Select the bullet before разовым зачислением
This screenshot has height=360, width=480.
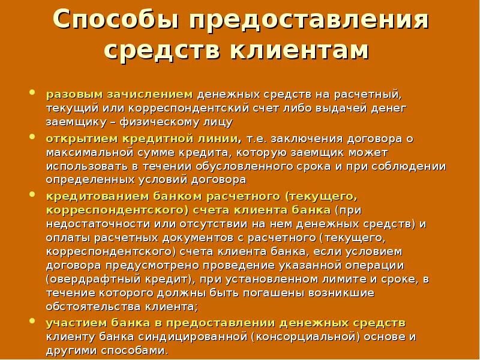click(x=32, y=94)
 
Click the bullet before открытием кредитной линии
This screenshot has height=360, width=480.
click(x=32, y=138)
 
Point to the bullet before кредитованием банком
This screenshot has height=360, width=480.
click(x=32, y=196)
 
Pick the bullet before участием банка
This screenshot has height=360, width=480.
click(x=32, y=322)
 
